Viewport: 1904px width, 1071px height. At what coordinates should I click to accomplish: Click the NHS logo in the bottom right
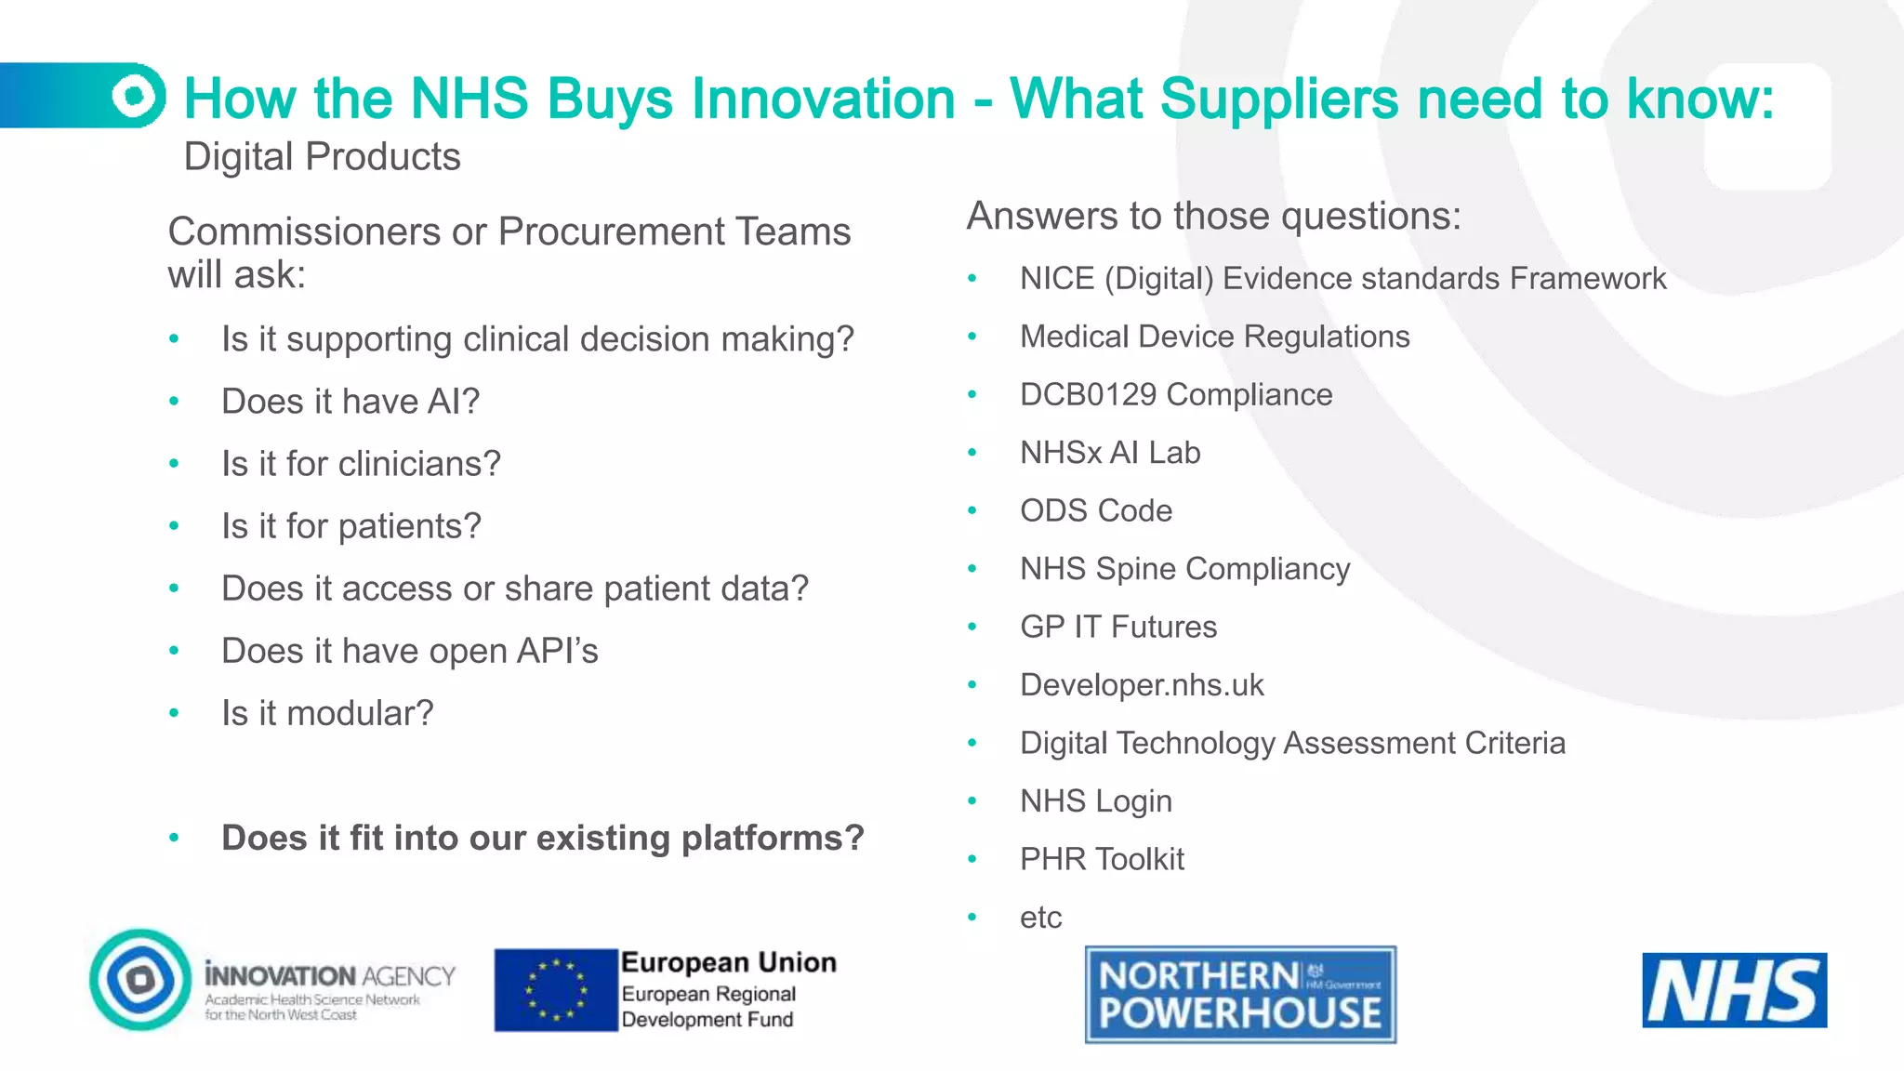point(1734,990)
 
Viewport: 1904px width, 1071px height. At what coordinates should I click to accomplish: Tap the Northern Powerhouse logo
point(1240,995)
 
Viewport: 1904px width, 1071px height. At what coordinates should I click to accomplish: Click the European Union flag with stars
point(556,990)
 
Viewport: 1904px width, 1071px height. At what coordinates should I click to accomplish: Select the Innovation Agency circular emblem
point(141,979)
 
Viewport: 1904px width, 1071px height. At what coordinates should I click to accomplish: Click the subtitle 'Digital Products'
point(322,157)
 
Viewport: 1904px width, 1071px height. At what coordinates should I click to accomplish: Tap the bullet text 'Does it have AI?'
point(350,402)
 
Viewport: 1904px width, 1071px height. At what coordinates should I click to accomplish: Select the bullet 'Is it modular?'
point(327,713)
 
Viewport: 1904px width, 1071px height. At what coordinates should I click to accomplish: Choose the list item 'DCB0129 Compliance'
point(1176,394)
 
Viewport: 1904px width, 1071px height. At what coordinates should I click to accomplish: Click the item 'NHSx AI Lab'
point(1110,453)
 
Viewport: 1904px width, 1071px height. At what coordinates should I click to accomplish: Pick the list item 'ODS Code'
point(1096,510)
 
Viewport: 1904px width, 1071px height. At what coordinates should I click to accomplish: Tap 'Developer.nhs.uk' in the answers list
point(1142,685)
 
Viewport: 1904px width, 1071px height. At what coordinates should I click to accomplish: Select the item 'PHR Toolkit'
point(1102,859)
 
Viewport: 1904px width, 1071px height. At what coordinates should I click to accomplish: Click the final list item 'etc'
point(1040,918)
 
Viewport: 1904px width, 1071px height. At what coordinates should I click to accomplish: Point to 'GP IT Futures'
point(1118,627)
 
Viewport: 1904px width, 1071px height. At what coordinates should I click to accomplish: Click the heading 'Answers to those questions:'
point(1214,216)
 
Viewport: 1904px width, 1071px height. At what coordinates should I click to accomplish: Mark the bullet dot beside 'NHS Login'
point(972,801)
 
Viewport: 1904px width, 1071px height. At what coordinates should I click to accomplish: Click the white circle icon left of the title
point(136,95)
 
